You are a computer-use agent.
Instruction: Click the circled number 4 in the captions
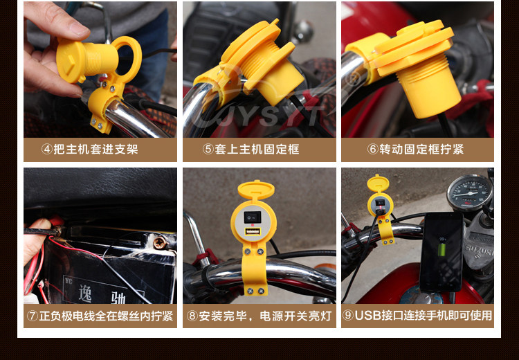(x=47, y=149)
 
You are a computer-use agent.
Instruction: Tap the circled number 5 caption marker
(x=208, y=149)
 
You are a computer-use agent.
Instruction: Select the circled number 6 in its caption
(x=373, y=149)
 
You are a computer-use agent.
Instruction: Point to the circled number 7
(x=33, y=316)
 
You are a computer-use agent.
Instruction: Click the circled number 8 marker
(x=192, y=316)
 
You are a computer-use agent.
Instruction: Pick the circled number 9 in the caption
(x=348, y=315)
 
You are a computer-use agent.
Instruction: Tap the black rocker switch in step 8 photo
(x=253, y=217)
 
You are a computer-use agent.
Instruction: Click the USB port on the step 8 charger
(x=253, y=231)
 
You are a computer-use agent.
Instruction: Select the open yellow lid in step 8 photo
(x=256, y=190)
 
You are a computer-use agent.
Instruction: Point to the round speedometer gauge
(x=469, y=192)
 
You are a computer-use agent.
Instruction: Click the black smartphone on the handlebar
(x=441, y=252)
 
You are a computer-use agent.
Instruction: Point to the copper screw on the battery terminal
(x=160, y=243)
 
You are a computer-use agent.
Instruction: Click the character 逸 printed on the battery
(x=85, y=293)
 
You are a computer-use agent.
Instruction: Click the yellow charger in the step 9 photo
(x=381, y=208)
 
